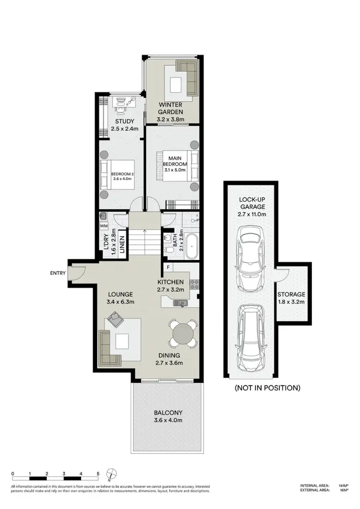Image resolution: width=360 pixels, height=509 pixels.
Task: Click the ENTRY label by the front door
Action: pos(58,273)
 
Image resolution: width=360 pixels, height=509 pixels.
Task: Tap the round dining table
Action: pos(182,333)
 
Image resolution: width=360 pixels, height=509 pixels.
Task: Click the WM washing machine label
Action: pos(104,225)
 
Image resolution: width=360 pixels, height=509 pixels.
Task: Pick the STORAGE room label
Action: pos(291,295)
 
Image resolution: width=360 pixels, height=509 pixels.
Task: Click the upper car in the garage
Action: pos(250,253)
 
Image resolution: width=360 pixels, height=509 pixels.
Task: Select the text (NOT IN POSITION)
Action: pos(267,388)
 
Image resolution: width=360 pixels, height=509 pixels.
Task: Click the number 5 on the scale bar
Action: pos(98,473)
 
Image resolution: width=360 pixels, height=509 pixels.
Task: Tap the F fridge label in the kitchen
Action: pos(168,267)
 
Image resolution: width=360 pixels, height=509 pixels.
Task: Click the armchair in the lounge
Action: pos(115,319)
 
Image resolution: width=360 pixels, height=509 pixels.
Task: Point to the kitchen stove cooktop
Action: pos(194,284)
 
